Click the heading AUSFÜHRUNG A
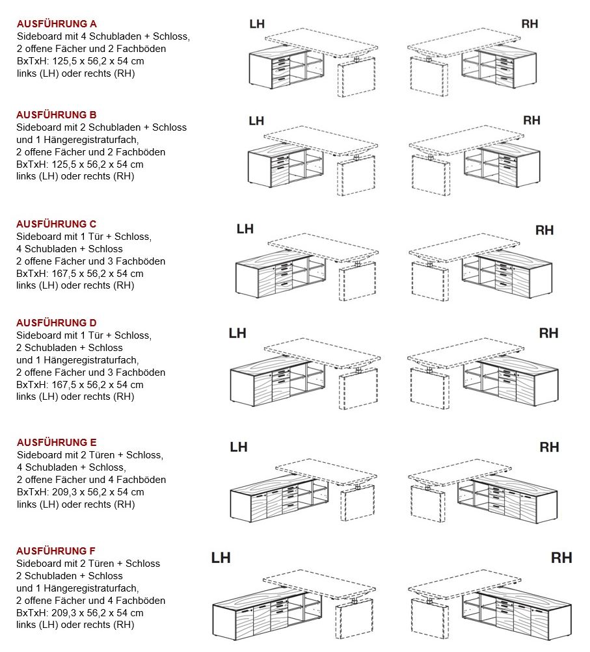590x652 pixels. [x=57, y=24]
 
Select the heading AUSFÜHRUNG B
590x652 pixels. [x=57, y=115]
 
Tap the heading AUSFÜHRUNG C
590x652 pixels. [x=57, y=224]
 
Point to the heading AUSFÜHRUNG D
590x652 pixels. [x=57, y=323]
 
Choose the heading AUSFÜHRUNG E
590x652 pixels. [x=57, y=443]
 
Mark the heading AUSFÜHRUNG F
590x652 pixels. [x=57, y=551]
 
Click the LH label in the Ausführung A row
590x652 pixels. [x=257, y=24]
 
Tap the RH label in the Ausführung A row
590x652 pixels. [x=530, y=24]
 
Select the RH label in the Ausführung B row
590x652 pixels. [x=531, y=120]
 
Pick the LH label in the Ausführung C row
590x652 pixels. [x=245, y=229]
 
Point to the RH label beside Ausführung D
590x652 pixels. [x=548, y=333]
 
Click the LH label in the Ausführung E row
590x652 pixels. [x=239, y=447]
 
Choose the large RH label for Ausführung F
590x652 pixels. [x=561, y=558]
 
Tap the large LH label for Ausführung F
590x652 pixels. [x=221, y=558]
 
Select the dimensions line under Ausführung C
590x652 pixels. [x=80, y=274]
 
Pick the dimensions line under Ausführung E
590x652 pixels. [x=80, y=492]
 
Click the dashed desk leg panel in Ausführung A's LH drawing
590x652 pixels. [x=357, y=77]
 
